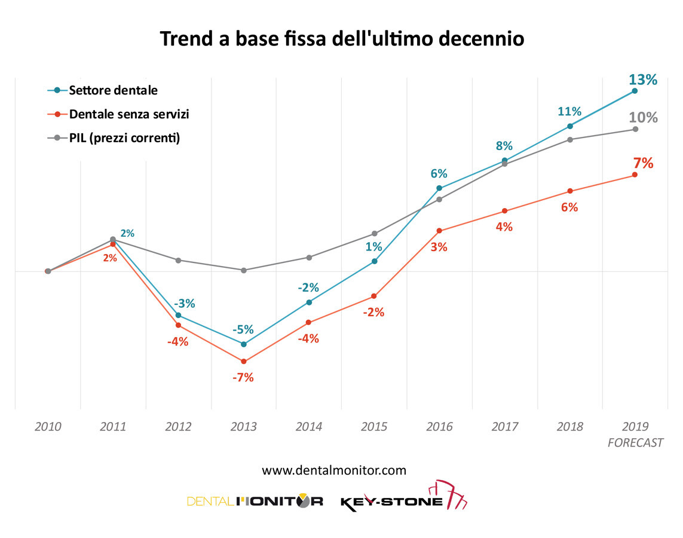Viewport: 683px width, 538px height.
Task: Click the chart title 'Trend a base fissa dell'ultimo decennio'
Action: point(341,39)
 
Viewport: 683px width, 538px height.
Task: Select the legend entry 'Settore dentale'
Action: point(113,91)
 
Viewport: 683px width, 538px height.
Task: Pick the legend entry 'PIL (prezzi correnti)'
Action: point(124,138)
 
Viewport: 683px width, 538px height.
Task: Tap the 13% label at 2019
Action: point(642,80)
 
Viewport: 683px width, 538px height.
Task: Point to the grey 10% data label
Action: point(643,118)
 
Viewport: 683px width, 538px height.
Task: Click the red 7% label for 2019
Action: point(643,163)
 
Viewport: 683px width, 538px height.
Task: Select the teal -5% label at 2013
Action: point(243,329)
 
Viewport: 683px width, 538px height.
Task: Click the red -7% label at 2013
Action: point(243,377)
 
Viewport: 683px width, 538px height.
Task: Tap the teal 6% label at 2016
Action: point(439,174)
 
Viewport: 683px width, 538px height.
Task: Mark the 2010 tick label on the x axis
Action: point(48,427)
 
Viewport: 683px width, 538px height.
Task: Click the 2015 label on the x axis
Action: point(374,427)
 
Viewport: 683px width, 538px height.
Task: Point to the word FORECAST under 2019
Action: point(635,443)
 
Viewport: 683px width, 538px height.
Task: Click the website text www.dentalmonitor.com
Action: point(334,470)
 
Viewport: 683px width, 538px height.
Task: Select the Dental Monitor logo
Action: point(255,501)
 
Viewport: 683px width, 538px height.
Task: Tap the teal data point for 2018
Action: point(570,126)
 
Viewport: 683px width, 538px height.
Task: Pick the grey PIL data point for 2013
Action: point(243,270)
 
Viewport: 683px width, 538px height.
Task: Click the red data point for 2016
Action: point(439,231)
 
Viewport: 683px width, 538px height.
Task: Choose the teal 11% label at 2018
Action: point(569,111)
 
